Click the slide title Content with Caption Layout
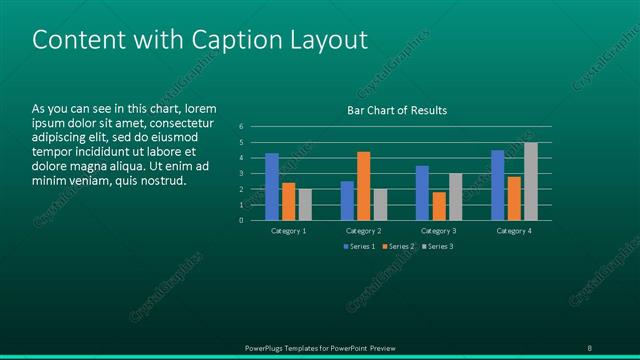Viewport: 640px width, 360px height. pyautogui.click(x=200, y=40)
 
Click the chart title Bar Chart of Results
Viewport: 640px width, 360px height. pyautogui.click(x=396, y=110)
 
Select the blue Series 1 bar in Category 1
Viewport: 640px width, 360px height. pyautogui.click(x=272, y=186)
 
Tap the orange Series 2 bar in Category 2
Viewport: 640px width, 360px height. pyautogui.click(x=363, y=185)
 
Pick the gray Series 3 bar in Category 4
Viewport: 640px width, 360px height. pyautogui.click(x=530, y=181)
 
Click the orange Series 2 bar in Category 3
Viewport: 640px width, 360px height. pyautogui.click(x=438, y=205)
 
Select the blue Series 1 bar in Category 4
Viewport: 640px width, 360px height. pyautogui.click(x=497, y=185)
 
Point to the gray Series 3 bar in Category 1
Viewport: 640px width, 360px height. pyautogui.click(x=305, y=204)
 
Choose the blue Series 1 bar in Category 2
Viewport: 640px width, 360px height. pyautogui.click(x=347, y=200)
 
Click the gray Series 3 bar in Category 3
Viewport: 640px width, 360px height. pyautogui.click(x=455, y=196)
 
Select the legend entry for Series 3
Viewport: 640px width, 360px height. pyautogui.click(x=437, y=246)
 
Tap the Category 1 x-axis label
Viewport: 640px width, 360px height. pyautogui.click(x=289, y=231)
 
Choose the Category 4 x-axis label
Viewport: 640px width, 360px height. pyautogui.click(x=513, y=231)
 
